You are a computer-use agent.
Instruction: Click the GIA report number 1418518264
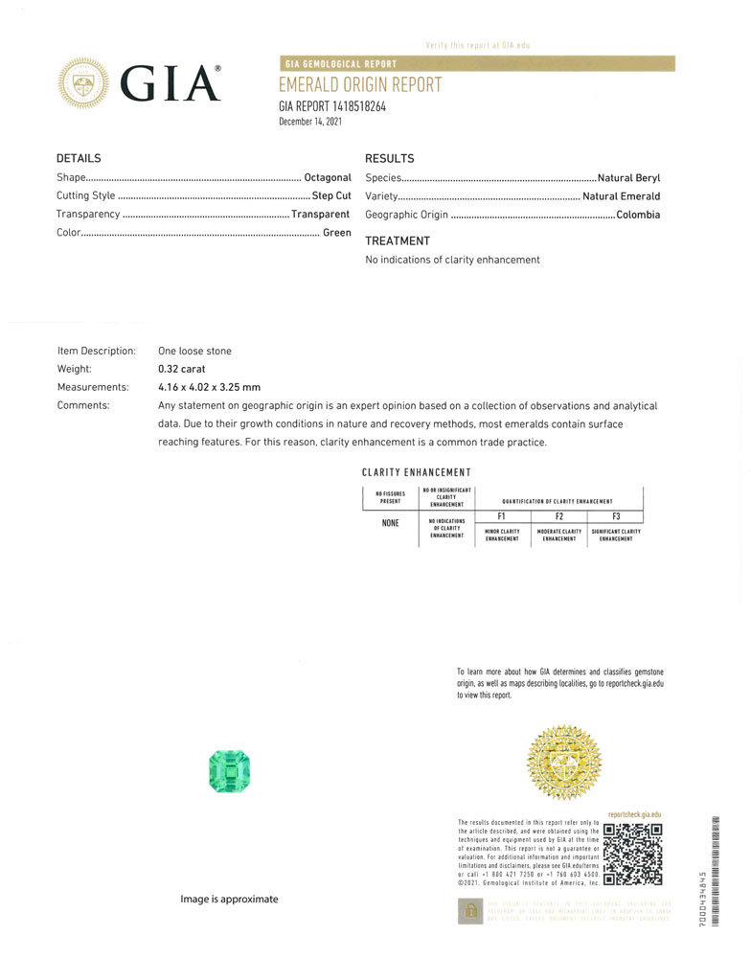[x=332, y=106]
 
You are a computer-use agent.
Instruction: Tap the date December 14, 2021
[x=310, y=122]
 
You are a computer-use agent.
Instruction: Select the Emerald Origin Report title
[x=360, y=85]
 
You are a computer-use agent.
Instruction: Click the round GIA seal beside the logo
[x=84, y=83]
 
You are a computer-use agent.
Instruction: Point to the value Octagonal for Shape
[x=328, y=178]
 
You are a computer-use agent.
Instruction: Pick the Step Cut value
[x=331, y=196]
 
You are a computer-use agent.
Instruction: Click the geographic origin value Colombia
[x=638, y=215]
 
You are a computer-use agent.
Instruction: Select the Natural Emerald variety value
[x=621, y=196]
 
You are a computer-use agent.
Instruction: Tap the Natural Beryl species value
[x=628, y=178]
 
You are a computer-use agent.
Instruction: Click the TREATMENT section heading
[x=398, y=241]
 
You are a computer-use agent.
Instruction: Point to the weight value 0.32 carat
[x=182, y=369]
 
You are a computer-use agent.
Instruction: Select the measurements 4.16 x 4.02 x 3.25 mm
[x=209, y=387]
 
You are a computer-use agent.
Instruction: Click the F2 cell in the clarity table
[x=559, y=516]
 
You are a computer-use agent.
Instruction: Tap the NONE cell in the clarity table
[x=390, y=523]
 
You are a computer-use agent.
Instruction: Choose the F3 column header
[x=616, y=516]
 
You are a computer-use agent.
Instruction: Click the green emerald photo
[x=229, y=772]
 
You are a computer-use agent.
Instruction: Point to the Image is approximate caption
[x=230, y=899]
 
